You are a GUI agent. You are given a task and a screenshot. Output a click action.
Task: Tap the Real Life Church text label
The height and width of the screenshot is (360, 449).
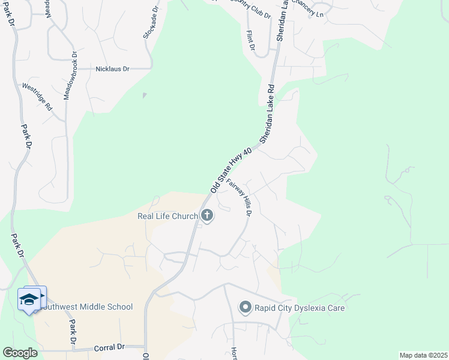(167, 216)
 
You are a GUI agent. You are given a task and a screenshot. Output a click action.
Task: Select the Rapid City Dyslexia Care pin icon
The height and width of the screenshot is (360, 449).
(245, 308)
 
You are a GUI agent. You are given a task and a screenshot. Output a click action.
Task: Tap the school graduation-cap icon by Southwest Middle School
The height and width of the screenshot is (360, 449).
(29, 299)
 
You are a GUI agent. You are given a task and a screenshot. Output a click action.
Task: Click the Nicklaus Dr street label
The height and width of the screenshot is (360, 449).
(112, 69)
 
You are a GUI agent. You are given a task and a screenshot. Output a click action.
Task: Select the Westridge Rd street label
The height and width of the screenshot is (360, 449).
(37, 97)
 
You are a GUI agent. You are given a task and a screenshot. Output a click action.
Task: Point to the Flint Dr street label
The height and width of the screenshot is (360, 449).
(251, 40)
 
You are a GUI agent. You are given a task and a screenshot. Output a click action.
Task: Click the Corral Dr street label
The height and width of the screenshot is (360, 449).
(109, 347)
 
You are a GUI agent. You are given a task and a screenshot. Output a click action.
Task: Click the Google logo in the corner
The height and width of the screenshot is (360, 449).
(20, 352)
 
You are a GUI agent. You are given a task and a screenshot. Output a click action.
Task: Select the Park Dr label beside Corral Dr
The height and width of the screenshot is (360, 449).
(73, 332)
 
